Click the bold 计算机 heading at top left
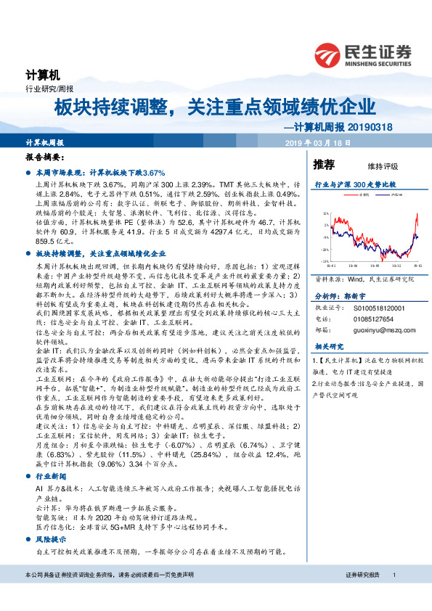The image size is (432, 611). [41, 75]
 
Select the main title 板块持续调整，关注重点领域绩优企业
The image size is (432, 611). [215, 107]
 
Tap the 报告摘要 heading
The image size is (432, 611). [45, 157]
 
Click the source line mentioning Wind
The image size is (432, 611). [364, 278]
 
